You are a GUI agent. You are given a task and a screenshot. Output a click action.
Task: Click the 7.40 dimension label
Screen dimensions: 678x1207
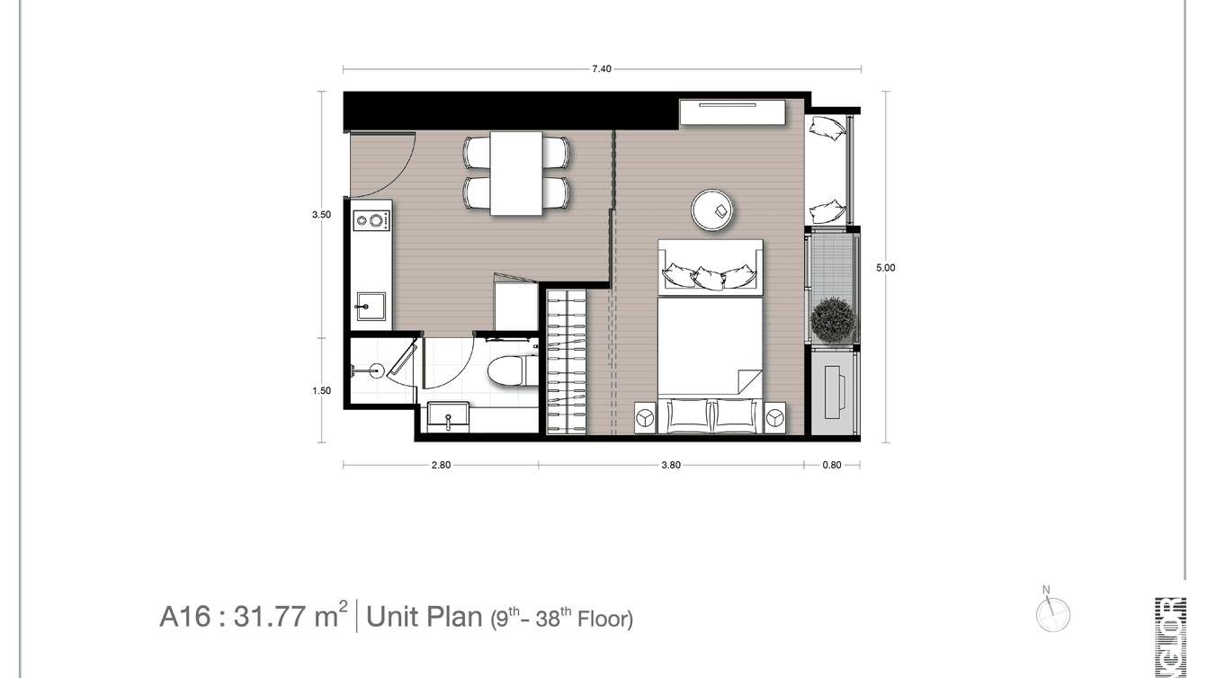(602, 69)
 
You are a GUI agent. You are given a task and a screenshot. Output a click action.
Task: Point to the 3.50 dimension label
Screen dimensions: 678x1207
(321, 215)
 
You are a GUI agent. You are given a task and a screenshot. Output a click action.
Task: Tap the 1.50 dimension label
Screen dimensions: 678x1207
(321, 391)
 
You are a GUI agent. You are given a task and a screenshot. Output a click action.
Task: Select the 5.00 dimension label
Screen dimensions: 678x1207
(885, 267)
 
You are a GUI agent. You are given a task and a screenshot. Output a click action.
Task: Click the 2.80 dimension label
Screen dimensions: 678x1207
(441, 466)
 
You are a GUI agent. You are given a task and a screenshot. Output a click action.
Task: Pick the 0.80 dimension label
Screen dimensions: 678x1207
(832, 466)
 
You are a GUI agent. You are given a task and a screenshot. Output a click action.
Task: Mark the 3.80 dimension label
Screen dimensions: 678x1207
(671, 466)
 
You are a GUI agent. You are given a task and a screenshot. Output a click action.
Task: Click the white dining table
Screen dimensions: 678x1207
(516, 173)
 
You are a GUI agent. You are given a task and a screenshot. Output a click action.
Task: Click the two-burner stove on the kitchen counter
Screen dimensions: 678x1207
(371, 220)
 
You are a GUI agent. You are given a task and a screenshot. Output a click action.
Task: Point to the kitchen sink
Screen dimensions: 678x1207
(371, 307)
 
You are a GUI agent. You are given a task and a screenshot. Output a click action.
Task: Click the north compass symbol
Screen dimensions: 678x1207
(1052, 614)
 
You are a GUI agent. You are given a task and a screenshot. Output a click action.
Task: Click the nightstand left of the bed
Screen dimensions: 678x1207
(646, 416)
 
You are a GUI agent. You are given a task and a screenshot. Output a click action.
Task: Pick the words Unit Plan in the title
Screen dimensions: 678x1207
(425, 618)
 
